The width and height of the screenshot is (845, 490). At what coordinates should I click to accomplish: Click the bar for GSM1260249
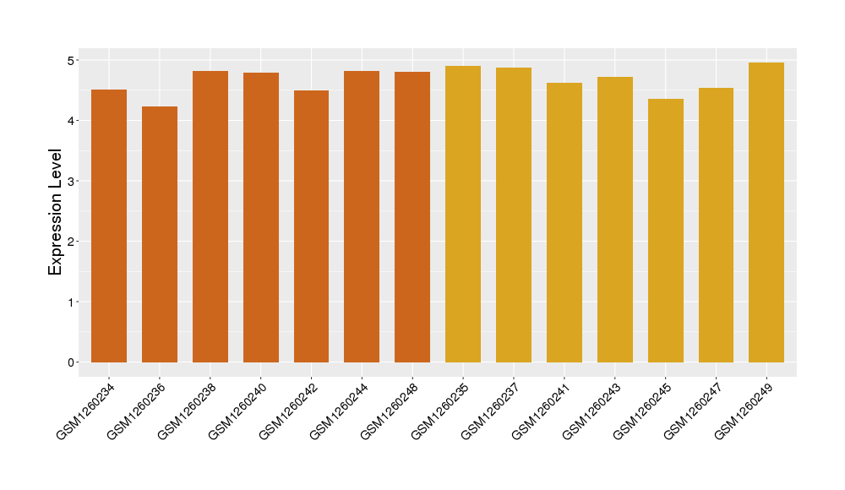[766, 212]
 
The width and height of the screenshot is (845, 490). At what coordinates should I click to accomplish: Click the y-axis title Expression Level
[56, 212]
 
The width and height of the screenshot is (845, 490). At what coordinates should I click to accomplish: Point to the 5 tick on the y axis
[72, 60]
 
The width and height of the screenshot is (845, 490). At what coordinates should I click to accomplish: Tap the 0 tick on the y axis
[72, 362]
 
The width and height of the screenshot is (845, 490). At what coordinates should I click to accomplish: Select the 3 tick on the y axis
[72, 181]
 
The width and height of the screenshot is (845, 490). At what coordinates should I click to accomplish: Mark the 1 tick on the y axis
[72, 302]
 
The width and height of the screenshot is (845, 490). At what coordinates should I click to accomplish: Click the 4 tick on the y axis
[72, 121]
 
